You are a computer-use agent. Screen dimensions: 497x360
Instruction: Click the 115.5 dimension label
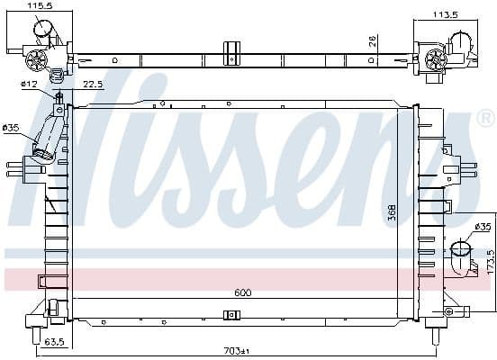pyautogui.click(x=40, y=5)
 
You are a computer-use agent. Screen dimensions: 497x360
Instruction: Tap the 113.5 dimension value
pyautogui.click(x=446, y=14)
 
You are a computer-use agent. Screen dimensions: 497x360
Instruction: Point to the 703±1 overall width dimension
pyautogui.click(x=237, y=351)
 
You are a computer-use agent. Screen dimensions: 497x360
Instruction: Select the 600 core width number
pyautogui.click(x=243, y=292)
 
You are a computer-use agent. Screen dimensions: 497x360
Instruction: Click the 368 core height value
pyautogui.click(x=392, y=212)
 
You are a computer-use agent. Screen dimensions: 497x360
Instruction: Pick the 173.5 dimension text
pyautogui.click(x=491, y=262)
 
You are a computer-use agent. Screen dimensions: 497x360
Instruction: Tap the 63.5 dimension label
pyautogui.click(x=54, y=342)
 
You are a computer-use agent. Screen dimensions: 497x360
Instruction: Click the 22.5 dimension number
pyautogui.click(x=93, y=85)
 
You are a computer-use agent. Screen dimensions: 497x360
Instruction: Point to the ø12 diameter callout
pyautogui.click(x=29, y=84)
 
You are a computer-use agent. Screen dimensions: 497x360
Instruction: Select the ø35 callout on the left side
pyautogui.click(x=11, y=128)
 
